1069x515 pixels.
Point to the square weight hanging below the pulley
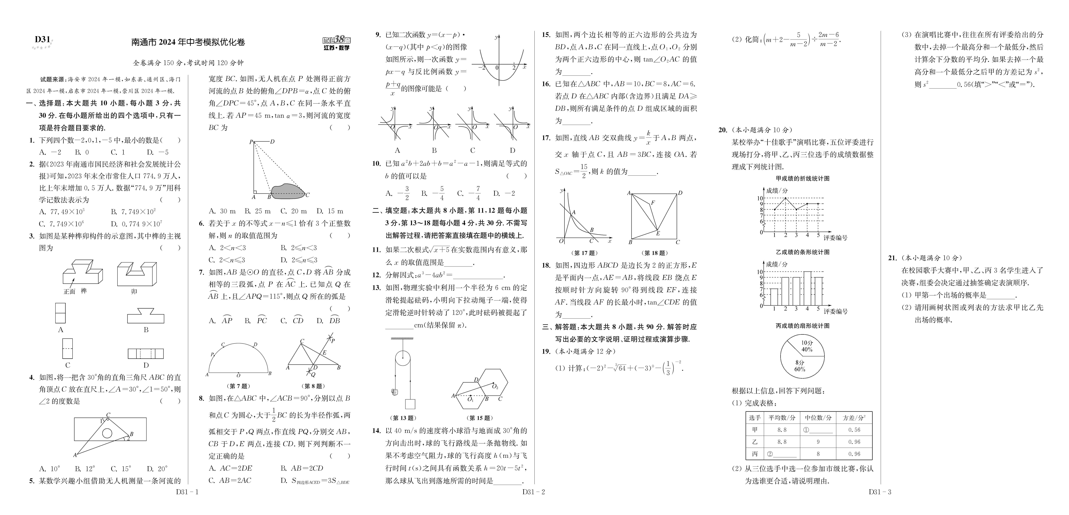[x=410, y=404]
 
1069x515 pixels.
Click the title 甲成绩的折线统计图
[x=803, y=178]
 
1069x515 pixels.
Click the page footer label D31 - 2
[x=533, y=492]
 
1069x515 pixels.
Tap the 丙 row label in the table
[x=754, y=454]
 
